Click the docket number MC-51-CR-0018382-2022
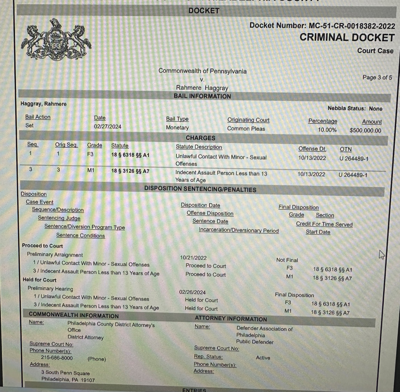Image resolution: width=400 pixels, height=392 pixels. coord(352,26)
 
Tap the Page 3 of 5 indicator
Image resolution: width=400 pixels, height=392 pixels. coord(377,77)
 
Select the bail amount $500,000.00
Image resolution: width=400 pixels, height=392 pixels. coord(365,130)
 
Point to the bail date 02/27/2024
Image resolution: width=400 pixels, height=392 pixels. coord(107,126)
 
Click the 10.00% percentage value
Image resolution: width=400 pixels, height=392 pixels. coord(327,130)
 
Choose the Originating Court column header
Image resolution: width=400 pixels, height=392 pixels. coord(248,120)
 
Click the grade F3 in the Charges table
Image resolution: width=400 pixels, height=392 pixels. coord(90,154)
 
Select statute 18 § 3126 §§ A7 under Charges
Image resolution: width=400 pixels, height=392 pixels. coord(130,171)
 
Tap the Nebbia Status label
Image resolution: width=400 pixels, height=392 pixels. coord(346,108)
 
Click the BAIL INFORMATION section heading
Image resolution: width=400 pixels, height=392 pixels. coord(202,96)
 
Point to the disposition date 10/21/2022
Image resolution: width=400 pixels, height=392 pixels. coord(193,258)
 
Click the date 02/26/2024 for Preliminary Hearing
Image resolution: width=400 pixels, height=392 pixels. coord(192,292)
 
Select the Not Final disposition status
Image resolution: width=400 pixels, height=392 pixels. coord(287,260)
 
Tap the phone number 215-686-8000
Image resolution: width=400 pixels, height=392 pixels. coord(57,358)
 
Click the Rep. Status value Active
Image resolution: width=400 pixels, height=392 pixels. coord(263,358)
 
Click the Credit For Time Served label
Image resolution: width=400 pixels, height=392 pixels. coord(324,224)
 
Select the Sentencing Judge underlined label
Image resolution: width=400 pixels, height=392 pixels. coord(59,218)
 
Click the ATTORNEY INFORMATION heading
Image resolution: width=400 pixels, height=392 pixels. coord(231,319)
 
